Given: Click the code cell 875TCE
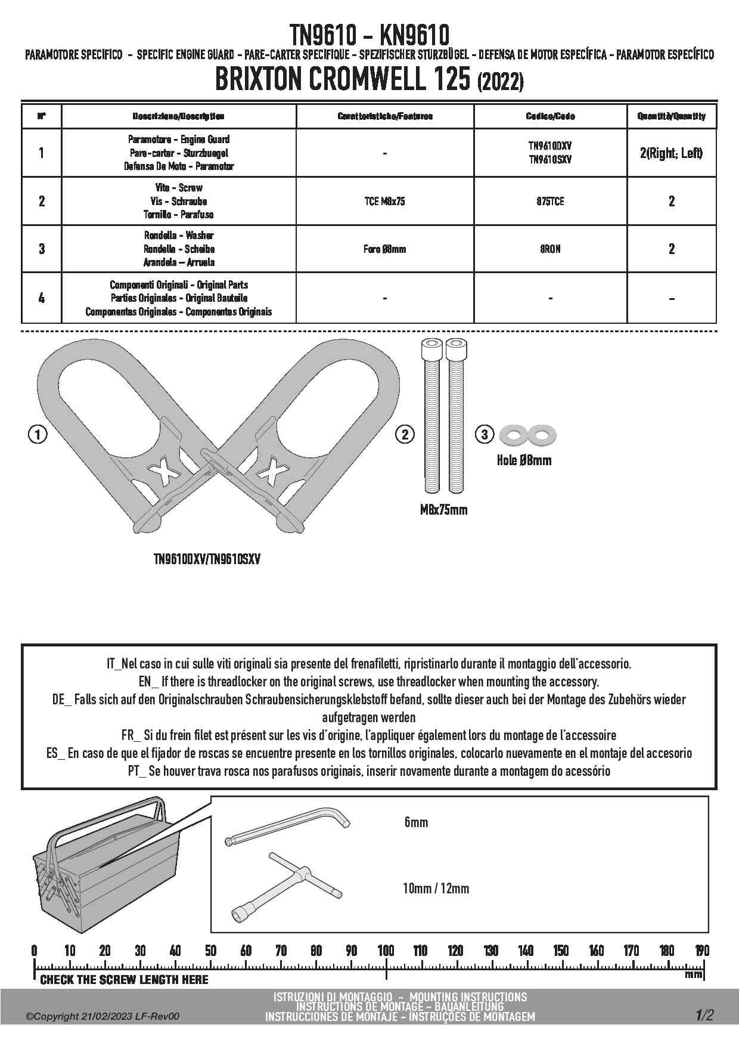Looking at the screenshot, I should point(550,202).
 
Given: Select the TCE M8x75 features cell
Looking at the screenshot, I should point(384,202).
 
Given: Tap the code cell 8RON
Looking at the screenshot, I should point(550,249).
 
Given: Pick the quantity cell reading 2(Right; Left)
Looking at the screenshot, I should point(671,153).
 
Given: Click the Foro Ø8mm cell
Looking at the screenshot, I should point(384,249).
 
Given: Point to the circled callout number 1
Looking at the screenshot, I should point(38,435).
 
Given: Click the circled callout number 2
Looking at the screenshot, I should point(405,435).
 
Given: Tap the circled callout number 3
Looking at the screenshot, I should point(485,435).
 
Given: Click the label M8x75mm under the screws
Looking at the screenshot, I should point(443,510).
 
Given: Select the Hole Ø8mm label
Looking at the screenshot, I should point(524,460).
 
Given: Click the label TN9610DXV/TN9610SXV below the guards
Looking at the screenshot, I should point(207,559).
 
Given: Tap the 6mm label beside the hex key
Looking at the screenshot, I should point(416,822).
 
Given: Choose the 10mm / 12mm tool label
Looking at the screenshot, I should point(436,889).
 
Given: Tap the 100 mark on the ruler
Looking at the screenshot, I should point(386,951).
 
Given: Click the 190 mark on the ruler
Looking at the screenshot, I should point(702,951).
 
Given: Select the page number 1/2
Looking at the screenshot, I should point(703,1015).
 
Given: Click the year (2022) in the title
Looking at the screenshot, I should point(501,82).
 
